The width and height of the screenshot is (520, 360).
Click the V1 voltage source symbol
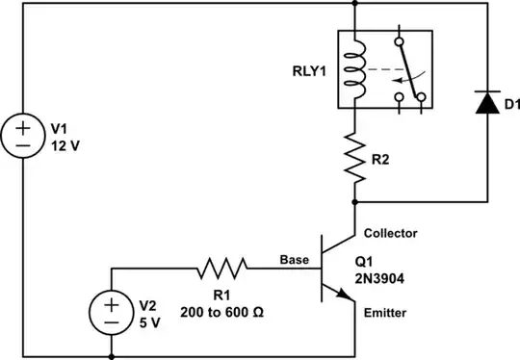21,135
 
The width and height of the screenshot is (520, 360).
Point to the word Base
294,259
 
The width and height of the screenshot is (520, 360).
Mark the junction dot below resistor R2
355,202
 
